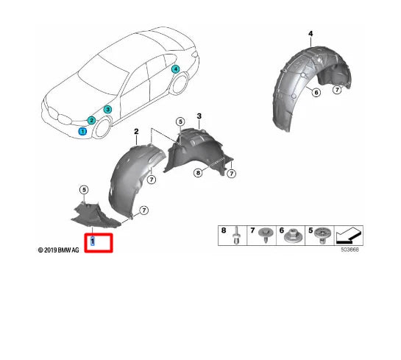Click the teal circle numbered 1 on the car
pos(83,131)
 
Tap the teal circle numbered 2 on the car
pos(91,120)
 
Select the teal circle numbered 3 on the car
pos(107,110)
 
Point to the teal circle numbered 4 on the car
pos(175,69)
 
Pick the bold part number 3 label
pos(199,116)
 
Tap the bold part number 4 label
pos(310,35)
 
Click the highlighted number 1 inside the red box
pos(92,241)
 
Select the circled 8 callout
pos(197,173)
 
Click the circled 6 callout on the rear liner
pos(316,92)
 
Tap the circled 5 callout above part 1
pos(84,190)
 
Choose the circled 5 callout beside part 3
pos(180,121)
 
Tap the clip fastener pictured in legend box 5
pos(322,236)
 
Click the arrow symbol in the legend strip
pos(348,236)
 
